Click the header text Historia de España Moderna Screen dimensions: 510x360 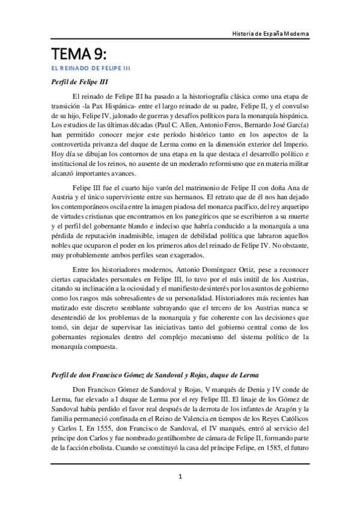(270, 33)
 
